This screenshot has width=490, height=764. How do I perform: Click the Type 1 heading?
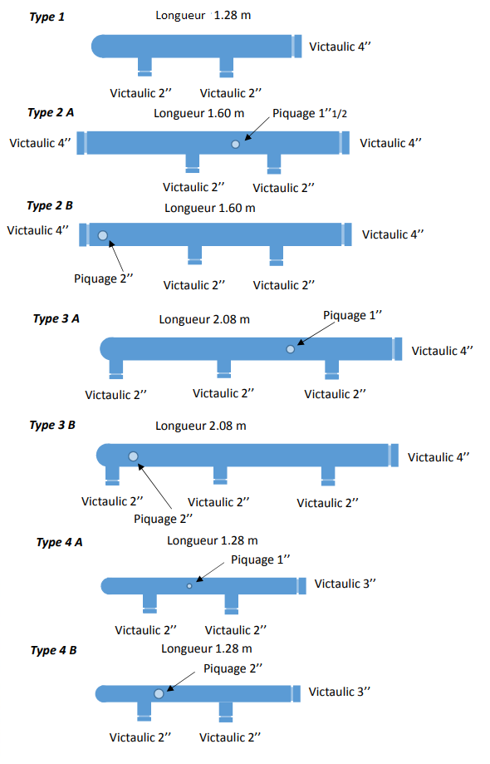(x=47, y=17)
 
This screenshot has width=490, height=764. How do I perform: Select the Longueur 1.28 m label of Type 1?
(x=203, y=15)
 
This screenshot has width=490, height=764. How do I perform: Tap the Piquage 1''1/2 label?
(x=310, y=114)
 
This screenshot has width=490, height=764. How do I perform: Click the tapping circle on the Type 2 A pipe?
(x=236, y=144)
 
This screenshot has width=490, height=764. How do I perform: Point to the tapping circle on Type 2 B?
(x=103, y=235)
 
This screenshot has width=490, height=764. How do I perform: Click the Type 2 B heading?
(x=50, y=205)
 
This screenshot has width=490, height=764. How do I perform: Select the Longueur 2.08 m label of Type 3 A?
(x=204, y=319)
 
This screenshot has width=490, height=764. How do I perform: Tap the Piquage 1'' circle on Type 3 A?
(x=291, y=349)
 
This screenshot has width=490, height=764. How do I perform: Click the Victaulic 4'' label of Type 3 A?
(x=442, y=351)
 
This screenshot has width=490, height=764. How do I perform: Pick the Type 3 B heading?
(x=52, y=425)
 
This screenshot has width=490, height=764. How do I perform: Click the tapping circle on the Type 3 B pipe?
(x=133, y=456)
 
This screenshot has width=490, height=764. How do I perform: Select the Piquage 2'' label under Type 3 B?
(x=163, y=519)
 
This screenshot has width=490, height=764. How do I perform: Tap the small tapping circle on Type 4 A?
(x=190, y=585)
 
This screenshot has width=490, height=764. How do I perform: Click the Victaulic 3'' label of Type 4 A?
(x=345, y=584)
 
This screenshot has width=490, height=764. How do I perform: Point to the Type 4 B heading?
(x=53, y=650)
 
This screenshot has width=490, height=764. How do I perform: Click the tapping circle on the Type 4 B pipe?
(x=159, y=693)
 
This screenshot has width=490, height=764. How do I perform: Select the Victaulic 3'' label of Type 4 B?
(x=339, y=692)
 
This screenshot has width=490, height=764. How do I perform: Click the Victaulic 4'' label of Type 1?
(x=340, y=47)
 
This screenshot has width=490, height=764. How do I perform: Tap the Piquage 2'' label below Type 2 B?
(x=103, y=278)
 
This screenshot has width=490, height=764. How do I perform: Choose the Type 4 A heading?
(x=59, y=542)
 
